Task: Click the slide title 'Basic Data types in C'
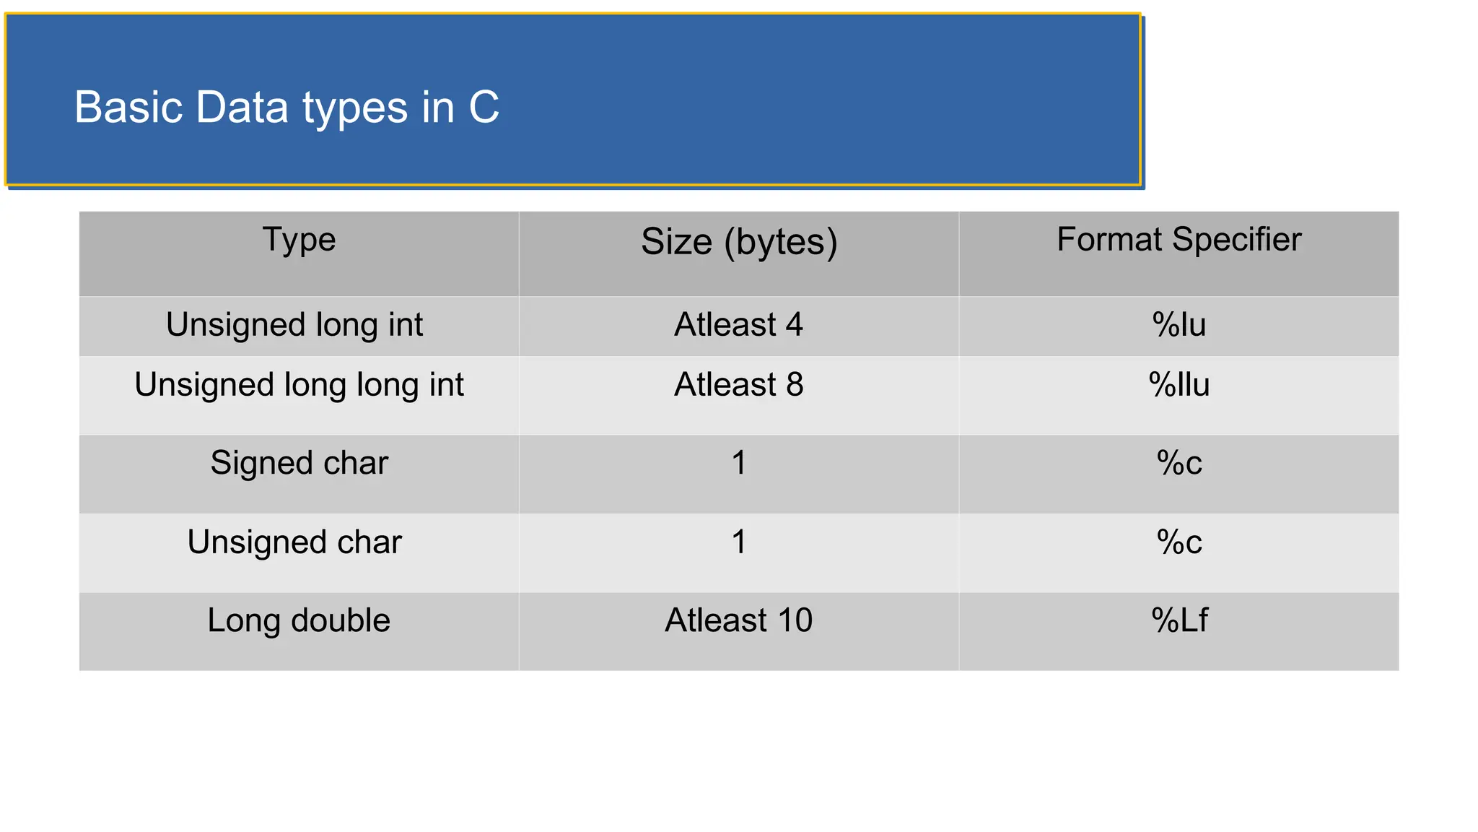pyautogui.click(x=287, y=108)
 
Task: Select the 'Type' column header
pyautogui.click(x=299, y=240)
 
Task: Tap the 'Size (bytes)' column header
pyautogui.click(x=739, y=241)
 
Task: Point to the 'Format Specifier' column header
pyautogui.click(x=1179, y=240)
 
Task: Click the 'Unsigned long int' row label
pyautogui.click(x=294, y=325)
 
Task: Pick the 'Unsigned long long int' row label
pyautogui.click(x=299, y=385)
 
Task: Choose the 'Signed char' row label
pyautogui.click(x=299, y=463)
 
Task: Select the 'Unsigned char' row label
pyautogui.click(x=294, y=542)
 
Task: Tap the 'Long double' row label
pyautogui.click(x=299, y=620)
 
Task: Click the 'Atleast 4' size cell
pyautogui.click(x=738, y=325)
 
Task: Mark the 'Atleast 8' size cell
pyautogui.click(x=738, y=385)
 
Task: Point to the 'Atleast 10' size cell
pyautogui.click(x=738, y=620)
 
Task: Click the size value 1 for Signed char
pyautogui.click(x=738, y=463)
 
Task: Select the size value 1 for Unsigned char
pyautogui.click(x=738, y=542)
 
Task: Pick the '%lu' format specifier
pyautogui.click(x=1179, y=325)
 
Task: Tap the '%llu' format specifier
pyautogui.click(x=1179, y=385)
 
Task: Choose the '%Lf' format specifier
pyautogui.click(x=1179, y=620)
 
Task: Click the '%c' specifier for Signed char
pyautogui.click(x=1179, y=463)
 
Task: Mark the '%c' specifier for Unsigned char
pyautogui.click(x=1179, y=542)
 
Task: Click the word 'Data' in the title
pyautogui.click(x=242, y=108)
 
